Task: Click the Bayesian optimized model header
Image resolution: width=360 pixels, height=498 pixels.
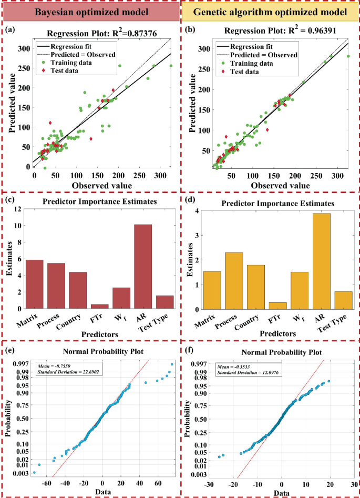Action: coord(90,11)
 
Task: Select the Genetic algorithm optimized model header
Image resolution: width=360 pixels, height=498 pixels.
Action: coord(270,11)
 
